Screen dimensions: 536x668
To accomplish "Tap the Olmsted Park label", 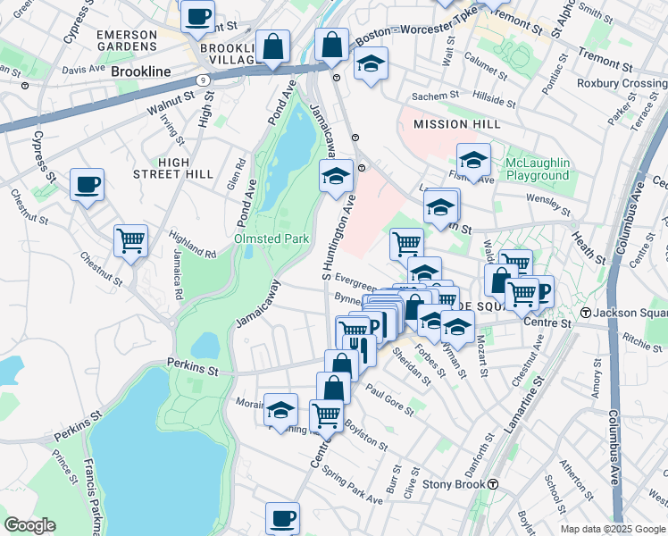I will [x=271, y=239].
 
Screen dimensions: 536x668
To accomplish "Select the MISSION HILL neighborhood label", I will [x=445, y=124].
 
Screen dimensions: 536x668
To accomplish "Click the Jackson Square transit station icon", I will [x=586, y=313].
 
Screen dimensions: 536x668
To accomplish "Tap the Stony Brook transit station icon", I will [x=492, y=484].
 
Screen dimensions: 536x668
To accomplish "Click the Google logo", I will [x=29, y=524].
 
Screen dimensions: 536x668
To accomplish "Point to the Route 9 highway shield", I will [x=205, y=80].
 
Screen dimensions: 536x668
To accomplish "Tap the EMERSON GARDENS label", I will [x=127, y=40].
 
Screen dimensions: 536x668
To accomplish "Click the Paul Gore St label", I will [x=388, y=399].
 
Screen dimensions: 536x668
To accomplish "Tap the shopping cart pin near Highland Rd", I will [x=130, y=239].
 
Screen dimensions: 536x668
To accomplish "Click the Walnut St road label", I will [x=171, y=104].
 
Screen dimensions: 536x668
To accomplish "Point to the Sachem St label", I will [x=436, y=93].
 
